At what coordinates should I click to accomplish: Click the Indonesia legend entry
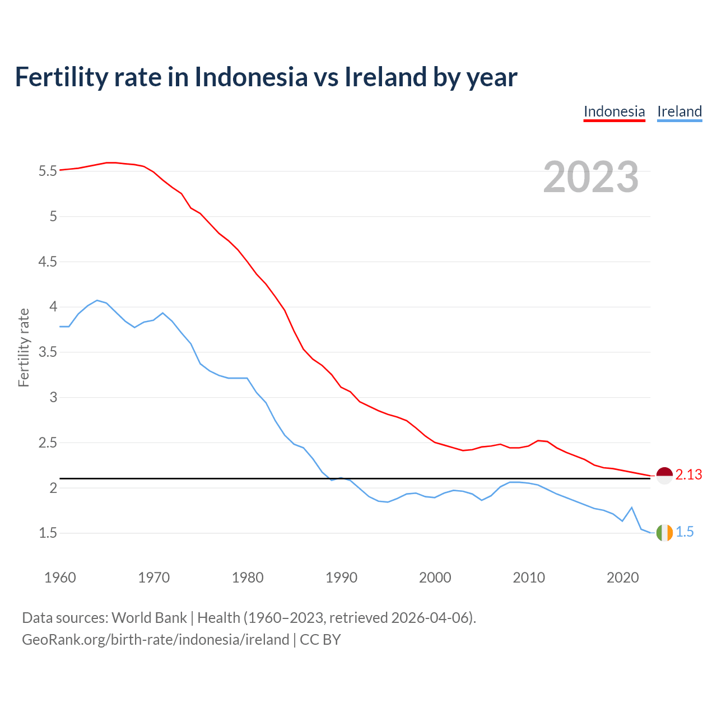click(614, 111)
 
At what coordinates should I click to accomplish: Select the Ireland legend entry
click(679, 111)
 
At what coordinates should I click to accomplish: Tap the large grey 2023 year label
click(591, 177)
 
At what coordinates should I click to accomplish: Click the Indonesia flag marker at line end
click(664, 475)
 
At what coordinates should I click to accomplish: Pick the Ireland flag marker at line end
click(664, 532)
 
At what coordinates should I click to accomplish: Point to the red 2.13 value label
click(688, 475)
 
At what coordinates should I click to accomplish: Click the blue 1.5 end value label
click(685, 532)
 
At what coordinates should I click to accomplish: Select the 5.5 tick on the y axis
click(48, 171)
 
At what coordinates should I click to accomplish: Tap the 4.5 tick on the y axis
click(48, 262)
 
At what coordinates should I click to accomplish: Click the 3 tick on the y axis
click(53, 398)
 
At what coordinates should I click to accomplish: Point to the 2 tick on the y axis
click(53, 488)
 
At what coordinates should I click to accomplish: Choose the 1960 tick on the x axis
click(60, 578)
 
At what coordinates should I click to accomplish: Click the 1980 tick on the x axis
click(248, 578)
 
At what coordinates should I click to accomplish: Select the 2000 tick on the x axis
click(435, 578)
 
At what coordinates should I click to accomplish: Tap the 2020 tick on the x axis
click(622, 578)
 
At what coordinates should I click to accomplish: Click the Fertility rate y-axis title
click(24, 347)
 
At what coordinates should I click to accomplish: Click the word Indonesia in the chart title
click(251, 77)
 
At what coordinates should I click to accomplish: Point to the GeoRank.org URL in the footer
click(155, 640)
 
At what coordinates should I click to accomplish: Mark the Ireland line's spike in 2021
click(632, 508)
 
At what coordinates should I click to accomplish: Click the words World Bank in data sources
click(149, 618)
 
